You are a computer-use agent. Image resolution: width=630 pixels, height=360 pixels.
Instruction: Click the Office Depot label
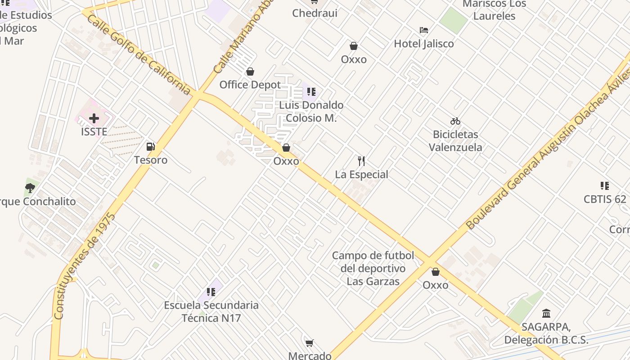tap(250, 85)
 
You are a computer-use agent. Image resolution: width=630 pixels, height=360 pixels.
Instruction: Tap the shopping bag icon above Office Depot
tap(250, 72)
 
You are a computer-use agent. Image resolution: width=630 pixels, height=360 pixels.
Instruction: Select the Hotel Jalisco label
tap(423, 44)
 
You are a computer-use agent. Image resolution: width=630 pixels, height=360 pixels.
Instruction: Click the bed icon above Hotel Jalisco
tap(423, 30)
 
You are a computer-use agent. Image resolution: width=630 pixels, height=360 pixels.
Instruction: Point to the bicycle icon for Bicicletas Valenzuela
tap(455, 121)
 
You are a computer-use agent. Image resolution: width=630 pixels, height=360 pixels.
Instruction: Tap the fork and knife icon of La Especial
tap(361, 161)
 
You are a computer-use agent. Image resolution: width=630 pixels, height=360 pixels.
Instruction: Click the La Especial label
tap(361, 174)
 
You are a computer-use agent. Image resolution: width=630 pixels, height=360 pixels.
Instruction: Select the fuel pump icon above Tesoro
tap(150, 147)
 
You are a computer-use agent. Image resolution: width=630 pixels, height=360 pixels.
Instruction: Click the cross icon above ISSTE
tap(94, 118)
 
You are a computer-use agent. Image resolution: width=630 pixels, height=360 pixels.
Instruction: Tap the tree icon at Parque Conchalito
tap(30, 188)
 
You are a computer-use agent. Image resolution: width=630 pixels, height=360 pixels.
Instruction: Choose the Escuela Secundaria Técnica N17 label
tap(211, 311)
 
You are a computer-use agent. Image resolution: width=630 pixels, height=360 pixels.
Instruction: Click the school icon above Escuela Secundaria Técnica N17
tap(211, 292)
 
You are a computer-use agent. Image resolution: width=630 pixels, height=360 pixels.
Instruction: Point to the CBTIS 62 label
tap(605, 199)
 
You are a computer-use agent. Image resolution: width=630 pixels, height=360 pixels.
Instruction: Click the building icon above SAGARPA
tap(546, 313)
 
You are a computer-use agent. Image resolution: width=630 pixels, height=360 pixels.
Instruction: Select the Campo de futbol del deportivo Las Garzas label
tap(373, 269)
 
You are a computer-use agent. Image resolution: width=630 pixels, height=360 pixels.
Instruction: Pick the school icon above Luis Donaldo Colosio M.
tap(311, 92)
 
